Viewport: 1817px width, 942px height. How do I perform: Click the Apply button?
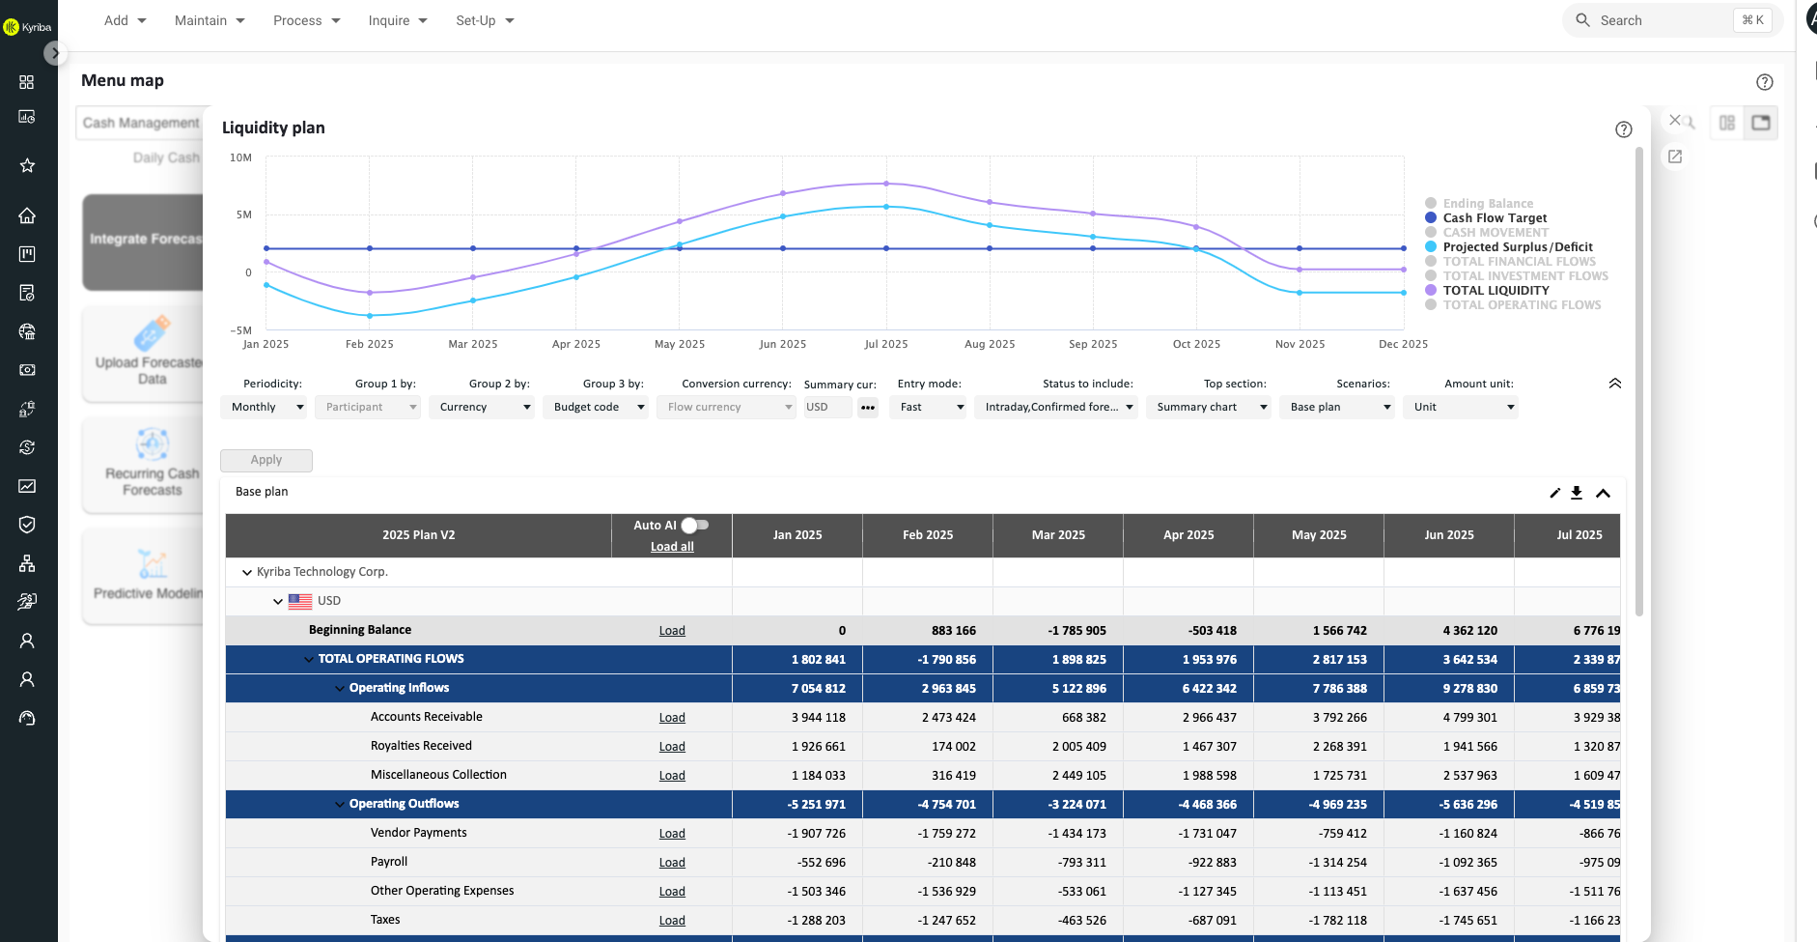[x=266, y=460]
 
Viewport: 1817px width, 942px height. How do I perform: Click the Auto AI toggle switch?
[x=695, y=525]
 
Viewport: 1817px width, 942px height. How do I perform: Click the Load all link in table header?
[x=672, y=546]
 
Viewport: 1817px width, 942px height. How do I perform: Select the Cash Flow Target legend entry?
[x=1494, y=217]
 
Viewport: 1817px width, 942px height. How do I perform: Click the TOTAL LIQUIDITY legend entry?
[x=1495, y=290]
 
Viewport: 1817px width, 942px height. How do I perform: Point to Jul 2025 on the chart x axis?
[x=885, y=344]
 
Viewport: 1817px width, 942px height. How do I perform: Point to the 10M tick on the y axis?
[x=240, y=157]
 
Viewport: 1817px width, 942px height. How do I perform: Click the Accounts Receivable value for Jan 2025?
[x=819, y=717]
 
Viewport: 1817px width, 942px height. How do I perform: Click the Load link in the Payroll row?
[x=672, y=863]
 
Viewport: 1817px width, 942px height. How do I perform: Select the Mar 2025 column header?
[x=1058, y=534]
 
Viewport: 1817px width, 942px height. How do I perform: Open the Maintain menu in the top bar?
[x=210, y=20]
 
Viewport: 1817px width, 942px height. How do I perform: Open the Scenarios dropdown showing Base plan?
[x=1338, y=407]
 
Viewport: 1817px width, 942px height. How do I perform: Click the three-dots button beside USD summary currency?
[x=868, y=407]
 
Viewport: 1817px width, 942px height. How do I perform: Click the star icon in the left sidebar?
[x=27, y=165]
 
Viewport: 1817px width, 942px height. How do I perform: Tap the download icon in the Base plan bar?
[x=1577, y=493]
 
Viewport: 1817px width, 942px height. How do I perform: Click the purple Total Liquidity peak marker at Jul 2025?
[x=886, y=184]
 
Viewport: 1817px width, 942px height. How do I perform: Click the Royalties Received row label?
[x=421, y=746]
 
